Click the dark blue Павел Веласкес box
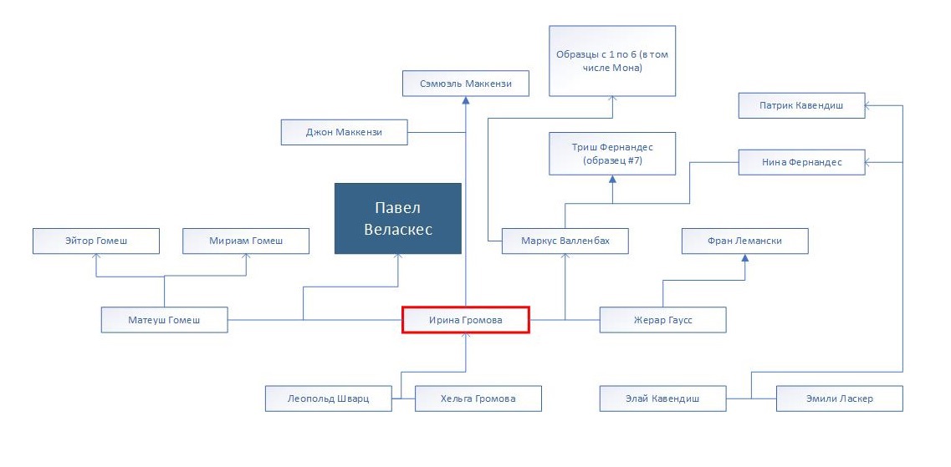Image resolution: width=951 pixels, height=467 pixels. click(x=398, y=218)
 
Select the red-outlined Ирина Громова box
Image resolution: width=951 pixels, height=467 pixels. click(x=466, y=320)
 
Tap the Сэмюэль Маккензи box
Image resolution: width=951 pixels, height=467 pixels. click(x=466, y=84)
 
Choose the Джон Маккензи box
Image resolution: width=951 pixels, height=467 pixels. click(x=344, y=132)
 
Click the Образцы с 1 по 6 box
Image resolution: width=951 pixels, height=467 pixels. click(x=612, y=61)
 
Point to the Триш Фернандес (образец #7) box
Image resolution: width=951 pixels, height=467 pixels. click(x=612, y=154)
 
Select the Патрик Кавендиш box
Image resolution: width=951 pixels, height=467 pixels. click(x=802, y=105)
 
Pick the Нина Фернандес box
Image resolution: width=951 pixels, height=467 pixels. click(x=802, y=162)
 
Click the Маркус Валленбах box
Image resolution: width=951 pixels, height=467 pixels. click(x=565, y=241)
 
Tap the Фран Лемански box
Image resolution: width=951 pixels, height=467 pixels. click(x=744, y=241)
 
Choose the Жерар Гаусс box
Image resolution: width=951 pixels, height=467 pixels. click(x=663, y=320)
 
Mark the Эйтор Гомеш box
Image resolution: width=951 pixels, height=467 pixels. click(x=96, y=241)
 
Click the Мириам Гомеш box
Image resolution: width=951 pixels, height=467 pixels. click(x=246, y=241)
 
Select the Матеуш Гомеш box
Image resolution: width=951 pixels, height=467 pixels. click(x=165, y=320)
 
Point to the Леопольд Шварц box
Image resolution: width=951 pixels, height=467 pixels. click(x=328, y=398)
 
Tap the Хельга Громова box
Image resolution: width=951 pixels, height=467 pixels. click(x=478, y=398)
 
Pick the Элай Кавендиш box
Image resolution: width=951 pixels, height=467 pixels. click(x=663, y=398)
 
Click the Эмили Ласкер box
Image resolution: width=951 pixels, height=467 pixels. click(x=840, y=398)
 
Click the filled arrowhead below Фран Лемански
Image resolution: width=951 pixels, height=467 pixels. click(x=744, y=258)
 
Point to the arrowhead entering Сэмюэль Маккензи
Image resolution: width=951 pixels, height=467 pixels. click(x=466, y=100)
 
